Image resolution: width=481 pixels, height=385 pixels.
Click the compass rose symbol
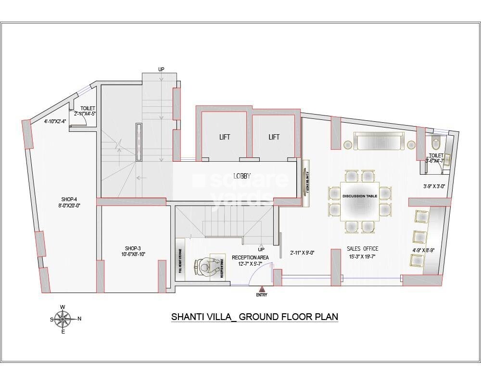click(63, 319)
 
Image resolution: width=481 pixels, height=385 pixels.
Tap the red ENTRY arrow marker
click(262, 289)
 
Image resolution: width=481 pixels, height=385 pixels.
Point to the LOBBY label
click(242, 176)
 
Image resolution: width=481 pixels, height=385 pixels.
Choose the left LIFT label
click(224, 137)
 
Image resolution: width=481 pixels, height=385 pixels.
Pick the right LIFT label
click(274, 137)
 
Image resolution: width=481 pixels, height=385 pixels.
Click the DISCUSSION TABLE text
click(359, 196)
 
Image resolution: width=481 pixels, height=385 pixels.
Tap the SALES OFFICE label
click(363, 249)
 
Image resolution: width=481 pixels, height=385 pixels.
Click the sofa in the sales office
click(378, 142)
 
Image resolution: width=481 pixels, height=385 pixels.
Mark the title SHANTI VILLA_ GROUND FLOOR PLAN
click(255, 317)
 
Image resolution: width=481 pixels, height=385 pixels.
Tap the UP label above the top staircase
click(162, 70)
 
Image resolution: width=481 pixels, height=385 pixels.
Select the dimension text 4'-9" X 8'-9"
click(423, 250)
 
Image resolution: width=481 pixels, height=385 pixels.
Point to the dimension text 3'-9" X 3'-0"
click(434, 186)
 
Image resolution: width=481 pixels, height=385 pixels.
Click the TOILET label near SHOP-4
click(88, 109)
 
